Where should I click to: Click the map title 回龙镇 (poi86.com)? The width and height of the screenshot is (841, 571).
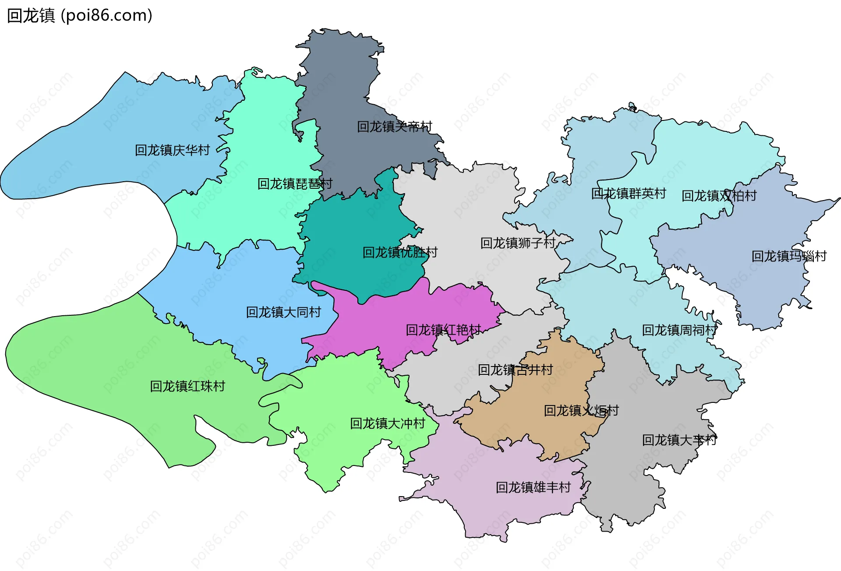(80, 16)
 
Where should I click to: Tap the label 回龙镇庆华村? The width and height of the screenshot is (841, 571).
(172, 150)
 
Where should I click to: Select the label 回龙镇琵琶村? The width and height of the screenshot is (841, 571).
(295, 184)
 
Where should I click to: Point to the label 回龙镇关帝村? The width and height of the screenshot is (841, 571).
(394, 127)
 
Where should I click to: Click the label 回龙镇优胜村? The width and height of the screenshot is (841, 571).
(400, 252)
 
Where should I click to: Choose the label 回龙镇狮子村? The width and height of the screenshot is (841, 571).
(518, 243)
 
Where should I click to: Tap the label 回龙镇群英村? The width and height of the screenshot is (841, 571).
(629, 194)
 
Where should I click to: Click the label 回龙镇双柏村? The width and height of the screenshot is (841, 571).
(719, 196)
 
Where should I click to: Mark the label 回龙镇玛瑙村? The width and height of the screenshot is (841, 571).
(789, 256)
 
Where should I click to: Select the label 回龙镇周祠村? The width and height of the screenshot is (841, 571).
(679, 330)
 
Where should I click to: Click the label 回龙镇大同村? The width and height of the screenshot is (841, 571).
(283, 312)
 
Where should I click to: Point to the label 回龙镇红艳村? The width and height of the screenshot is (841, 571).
(443, 330)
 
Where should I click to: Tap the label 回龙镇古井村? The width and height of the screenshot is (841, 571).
(515, 370)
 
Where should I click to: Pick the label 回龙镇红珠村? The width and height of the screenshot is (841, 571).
(187, 386)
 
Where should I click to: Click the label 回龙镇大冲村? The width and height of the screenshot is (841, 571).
(388, 423)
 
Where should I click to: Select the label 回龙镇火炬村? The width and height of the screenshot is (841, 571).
(581, 411)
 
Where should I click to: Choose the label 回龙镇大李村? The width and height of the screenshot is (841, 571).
(679, 440)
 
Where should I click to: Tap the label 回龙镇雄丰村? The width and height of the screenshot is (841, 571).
(533, 487)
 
